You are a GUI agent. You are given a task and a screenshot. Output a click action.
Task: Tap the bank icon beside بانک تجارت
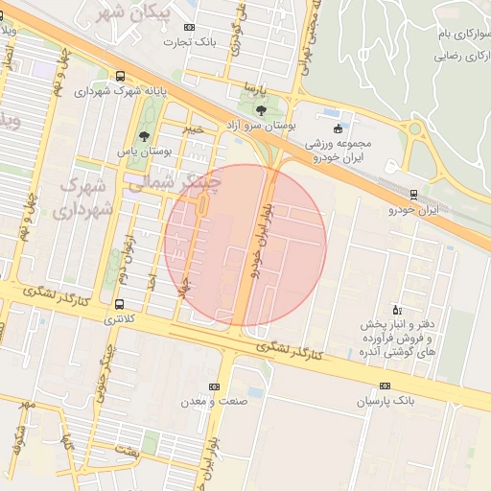[x=189, y=28]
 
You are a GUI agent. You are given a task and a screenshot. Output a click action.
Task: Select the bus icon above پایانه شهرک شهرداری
[x=120, y=77]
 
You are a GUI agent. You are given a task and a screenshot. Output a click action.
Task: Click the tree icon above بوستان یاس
[x=144, y=137]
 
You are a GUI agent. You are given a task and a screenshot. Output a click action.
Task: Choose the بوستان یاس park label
[x=143, y=152]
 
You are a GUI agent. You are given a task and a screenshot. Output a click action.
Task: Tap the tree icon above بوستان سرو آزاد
[x=261, y=111]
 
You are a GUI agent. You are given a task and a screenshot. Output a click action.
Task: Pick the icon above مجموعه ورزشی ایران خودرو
[x=337, y=129]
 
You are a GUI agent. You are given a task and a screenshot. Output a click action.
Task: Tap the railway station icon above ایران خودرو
[x=413, y=195]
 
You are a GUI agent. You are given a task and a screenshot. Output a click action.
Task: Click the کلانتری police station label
[x=120, y=316]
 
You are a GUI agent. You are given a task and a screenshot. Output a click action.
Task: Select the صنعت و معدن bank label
[x=213, y=401]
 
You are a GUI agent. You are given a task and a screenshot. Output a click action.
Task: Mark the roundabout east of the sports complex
[x=416, y=129]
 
